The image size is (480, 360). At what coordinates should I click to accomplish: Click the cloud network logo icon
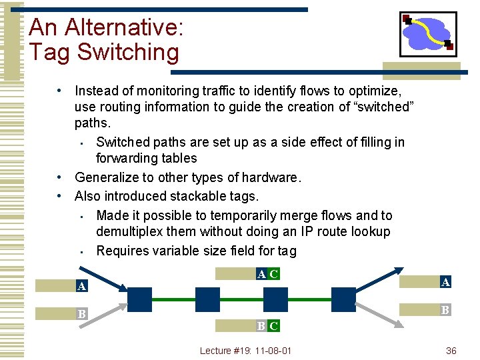(427, 34)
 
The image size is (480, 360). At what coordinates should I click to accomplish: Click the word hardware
(270, 177)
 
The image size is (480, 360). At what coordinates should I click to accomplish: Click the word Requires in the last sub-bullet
(125, 251)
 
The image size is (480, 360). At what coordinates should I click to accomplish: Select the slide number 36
(451, 350)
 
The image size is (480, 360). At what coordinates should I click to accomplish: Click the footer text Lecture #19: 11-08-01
(245, 350)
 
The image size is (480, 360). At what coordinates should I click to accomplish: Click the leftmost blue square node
(140, 300)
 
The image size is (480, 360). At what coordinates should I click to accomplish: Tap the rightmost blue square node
(343, 300)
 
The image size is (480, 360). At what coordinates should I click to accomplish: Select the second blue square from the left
(207, 300)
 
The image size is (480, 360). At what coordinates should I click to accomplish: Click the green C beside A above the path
(273, 273)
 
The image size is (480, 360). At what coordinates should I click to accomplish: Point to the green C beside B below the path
(273, 326)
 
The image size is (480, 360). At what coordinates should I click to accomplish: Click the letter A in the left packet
(81, 287)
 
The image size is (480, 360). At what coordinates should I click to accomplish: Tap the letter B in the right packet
(445, 309)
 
